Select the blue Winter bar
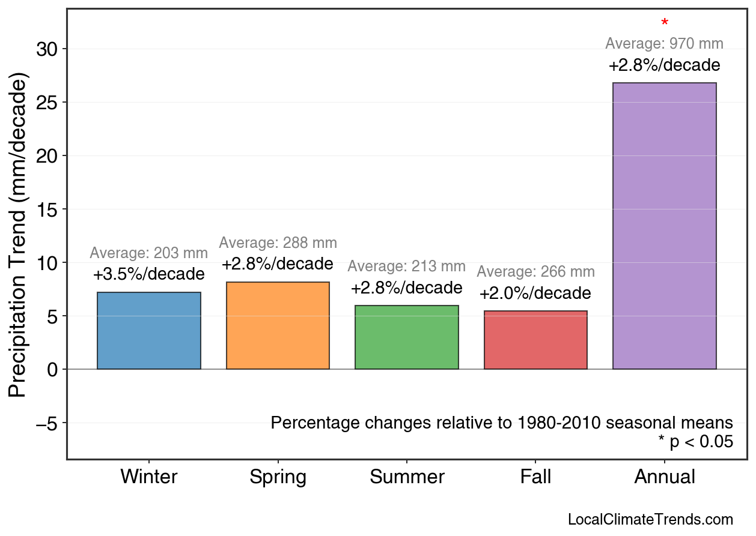point(149,331)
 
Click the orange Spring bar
point(278,325)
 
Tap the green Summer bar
point(407,337)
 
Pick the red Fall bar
point(535,340)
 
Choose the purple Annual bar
point(665,226)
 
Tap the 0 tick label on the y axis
point(53,370)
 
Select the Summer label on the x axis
point(407,477)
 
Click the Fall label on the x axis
point(535,477)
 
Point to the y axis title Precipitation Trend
point(19,235)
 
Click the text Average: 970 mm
point(664,44)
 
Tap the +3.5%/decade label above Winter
point(148,274)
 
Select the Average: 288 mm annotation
point(278,243)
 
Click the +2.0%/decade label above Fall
point(535,294)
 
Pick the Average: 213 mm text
point(406,266)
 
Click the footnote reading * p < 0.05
point(695,442)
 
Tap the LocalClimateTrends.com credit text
point(650,520)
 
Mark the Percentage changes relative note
point(502,423)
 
